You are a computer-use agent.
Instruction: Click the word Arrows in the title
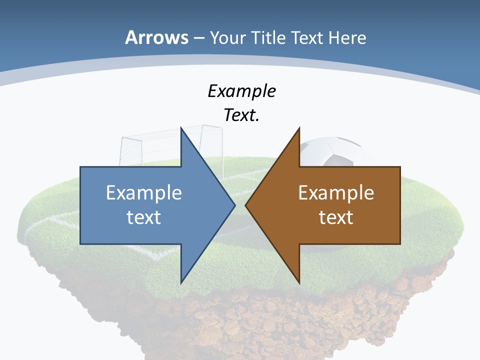pos(156,37)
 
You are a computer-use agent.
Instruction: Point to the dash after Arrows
pos(198,38)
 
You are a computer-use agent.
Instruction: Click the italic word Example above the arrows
pos(242,91)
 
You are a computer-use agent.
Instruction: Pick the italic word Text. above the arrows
pos(242,115)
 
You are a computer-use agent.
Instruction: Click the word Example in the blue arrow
pos(144,192)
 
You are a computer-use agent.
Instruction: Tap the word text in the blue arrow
pos(144,217)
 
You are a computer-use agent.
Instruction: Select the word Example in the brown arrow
pos(336,192)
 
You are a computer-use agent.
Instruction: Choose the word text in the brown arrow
pos(336,217)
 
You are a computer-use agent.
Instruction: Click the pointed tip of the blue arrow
pos(234,205)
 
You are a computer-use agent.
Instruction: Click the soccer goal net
pos(150,145)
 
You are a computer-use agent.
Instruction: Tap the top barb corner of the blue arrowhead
pos(181,128)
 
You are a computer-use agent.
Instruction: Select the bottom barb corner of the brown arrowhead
pos(299,282)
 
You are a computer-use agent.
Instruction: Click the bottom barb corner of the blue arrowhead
pos(181,282)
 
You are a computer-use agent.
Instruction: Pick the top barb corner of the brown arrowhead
pos(299,128)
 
